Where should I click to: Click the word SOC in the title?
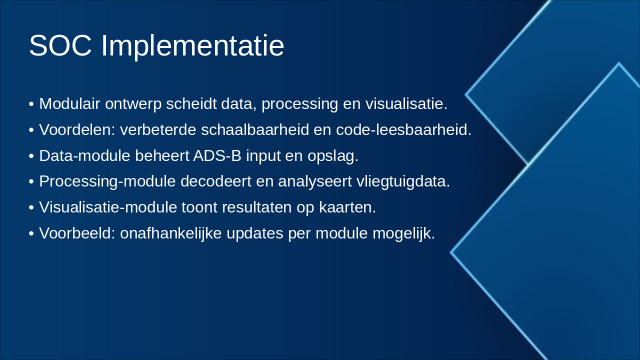60,45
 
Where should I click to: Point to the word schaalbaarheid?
255,129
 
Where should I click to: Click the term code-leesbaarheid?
403,129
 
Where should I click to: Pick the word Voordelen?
77,129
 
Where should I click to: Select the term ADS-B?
217,155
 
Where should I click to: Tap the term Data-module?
84,155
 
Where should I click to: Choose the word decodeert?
215,181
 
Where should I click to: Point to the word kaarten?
347,207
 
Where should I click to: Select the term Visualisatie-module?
108,207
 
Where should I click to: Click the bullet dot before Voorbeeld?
31,233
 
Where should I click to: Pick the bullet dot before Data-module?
31,156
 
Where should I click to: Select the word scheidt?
191,103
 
